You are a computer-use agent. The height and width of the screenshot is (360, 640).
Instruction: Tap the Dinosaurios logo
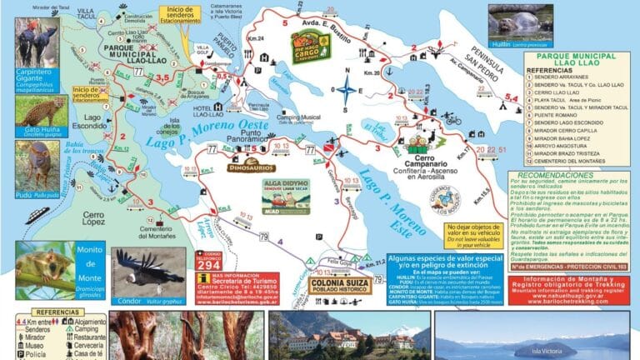click(251, 167)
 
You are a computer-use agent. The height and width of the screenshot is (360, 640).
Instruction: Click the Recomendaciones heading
click(572, 176)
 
